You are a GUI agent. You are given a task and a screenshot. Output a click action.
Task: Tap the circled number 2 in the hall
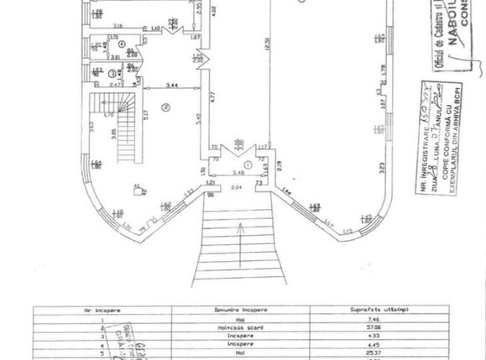(166, 107)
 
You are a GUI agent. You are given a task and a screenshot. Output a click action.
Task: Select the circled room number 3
(111, 74)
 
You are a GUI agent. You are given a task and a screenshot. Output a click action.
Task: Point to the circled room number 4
(121, 44)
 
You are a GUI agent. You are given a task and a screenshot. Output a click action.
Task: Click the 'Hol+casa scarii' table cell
(240, 328)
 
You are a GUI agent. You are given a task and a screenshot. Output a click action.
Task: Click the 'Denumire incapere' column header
(240, 310)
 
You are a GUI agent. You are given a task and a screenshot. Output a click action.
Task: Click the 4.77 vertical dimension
(212, 98)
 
